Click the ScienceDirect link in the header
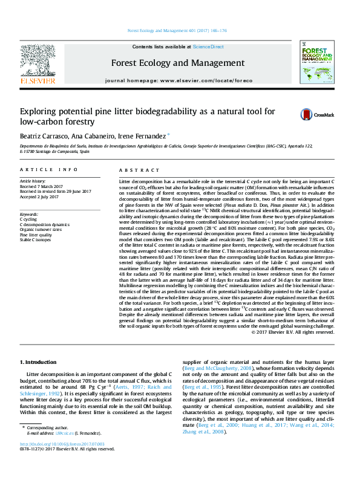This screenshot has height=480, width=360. (x=208, y=47)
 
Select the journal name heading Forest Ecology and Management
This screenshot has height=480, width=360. (x=170, y=62)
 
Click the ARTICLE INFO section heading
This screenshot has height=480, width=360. (x=48, y=170)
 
